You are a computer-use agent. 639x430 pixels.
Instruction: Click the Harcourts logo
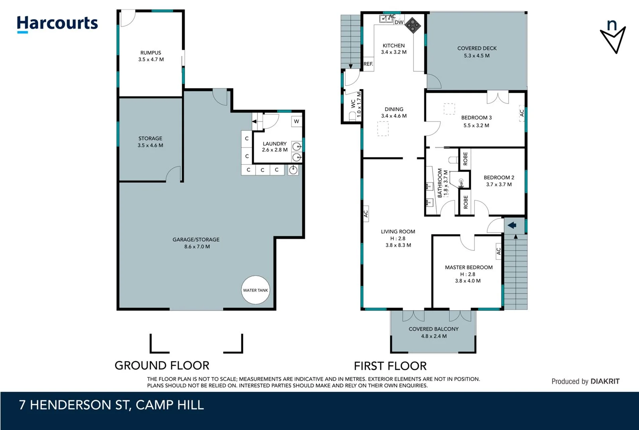pos(57,24)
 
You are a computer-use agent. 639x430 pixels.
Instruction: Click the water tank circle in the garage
pos(256,290)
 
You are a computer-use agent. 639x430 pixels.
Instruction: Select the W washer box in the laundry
pos(297,121)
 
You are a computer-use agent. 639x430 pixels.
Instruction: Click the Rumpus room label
pos(151,53)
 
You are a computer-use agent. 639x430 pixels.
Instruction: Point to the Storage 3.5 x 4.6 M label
pos(150,142)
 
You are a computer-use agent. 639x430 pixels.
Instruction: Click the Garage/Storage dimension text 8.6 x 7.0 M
pos(197,246)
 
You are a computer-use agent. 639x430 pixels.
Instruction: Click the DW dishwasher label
pos(399,22)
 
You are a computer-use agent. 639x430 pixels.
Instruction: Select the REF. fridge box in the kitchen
pos(368,64)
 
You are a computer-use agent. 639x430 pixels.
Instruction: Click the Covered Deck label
pos(477,48)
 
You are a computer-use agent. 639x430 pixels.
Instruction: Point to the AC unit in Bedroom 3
pos(522,113)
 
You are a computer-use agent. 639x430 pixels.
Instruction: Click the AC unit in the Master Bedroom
pos(498,251)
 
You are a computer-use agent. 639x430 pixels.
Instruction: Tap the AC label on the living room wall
pos(366,214)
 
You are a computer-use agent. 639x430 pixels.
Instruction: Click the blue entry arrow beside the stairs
pos(512,225)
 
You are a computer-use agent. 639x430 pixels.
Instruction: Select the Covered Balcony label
pos(433,329)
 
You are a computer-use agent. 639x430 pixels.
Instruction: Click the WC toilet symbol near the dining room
pos(352,116)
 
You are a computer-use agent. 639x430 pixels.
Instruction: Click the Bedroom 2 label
pos(499,178)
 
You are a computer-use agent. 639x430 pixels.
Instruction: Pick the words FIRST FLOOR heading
pos(390,365)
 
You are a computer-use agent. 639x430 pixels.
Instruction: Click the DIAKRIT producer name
pos(605,381)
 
